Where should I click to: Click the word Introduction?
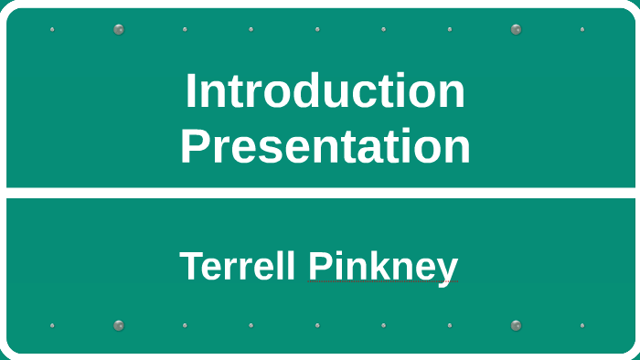click(325, 91)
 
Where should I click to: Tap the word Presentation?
click(325, 146)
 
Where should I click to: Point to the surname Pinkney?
click(383, 267)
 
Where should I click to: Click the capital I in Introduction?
click(191, 91)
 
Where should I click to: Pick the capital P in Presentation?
click(194, 146)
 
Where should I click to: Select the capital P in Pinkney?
click(318, 267)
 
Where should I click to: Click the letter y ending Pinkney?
click(447, 270)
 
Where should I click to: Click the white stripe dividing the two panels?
click(320, 193)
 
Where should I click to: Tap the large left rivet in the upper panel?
click(119, 29)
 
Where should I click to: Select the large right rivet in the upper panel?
click(516, 29)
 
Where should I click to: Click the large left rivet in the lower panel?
click(119, 325)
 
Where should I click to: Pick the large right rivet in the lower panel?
click(516, 325)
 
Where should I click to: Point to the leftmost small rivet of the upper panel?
click(52, 29)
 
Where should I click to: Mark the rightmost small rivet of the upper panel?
click(581, 29)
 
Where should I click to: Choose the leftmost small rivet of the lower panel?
click(52, 325)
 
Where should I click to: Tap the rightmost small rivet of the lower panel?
click(581, 325)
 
